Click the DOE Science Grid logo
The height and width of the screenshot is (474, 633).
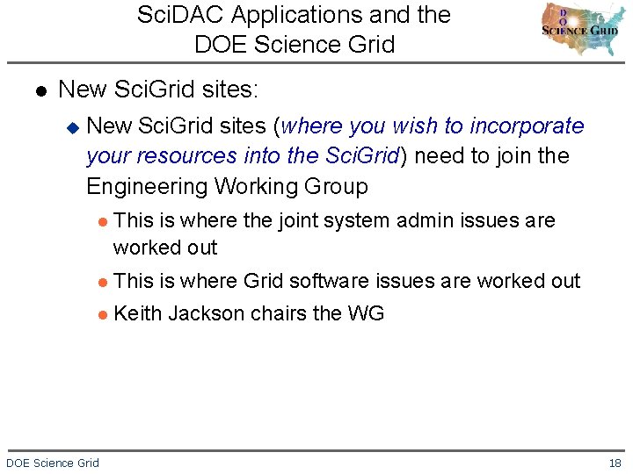(x=579, y=29)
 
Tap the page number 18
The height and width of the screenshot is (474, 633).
(x=615, y=463)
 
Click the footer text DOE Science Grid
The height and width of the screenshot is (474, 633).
(x=53, y=463)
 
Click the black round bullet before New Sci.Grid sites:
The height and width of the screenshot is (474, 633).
(x=40, y=90)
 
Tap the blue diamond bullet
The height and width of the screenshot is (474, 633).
(x=73, y=127)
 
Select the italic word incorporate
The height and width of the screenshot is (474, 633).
(x=527, y=126)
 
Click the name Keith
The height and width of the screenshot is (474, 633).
(x=138, y=313)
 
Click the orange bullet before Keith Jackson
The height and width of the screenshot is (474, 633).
(x=103, y=314)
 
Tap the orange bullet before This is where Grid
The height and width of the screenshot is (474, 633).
(x=103, y=282)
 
